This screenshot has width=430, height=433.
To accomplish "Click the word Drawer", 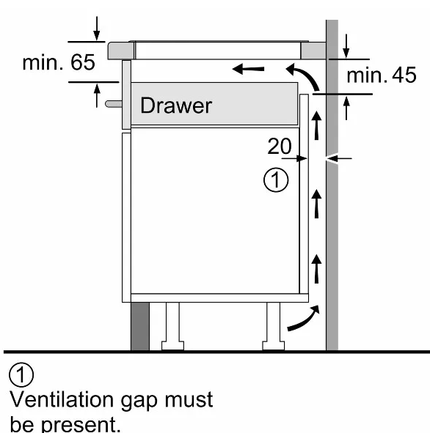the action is [176, 106].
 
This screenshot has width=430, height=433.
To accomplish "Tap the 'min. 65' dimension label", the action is [59, 62].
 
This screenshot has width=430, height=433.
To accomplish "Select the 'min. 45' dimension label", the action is [382, 75].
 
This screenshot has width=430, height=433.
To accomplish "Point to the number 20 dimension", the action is [280, 146].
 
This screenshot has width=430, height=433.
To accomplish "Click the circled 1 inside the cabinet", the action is [276, 180].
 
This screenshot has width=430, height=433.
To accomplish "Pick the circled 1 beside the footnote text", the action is [21, 374].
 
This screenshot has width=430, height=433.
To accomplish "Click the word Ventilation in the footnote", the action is [62, 399].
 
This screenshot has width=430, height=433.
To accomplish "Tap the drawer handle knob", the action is [114, 104].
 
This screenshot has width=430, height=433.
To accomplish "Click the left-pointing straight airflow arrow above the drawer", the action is [248, 69].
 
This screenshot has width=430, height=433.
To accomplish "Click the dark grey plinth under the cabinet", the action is [140, 326].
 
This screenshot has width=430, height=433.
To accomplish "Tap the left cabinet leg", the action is [172, 326].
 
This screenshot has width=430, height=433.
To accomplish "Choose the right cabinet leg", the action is [274, 326].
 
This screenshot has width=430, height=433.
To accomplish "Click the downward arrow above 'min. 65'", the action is [97, 29].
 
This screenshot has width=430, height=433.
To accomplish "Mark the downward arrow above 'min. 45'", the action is [346, 46].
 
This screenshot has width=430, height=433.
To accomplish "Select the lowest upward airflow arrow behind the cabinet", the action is [316, 269].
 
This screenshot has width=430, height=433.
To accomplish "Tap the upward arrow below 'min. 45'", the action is [346, 108].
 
